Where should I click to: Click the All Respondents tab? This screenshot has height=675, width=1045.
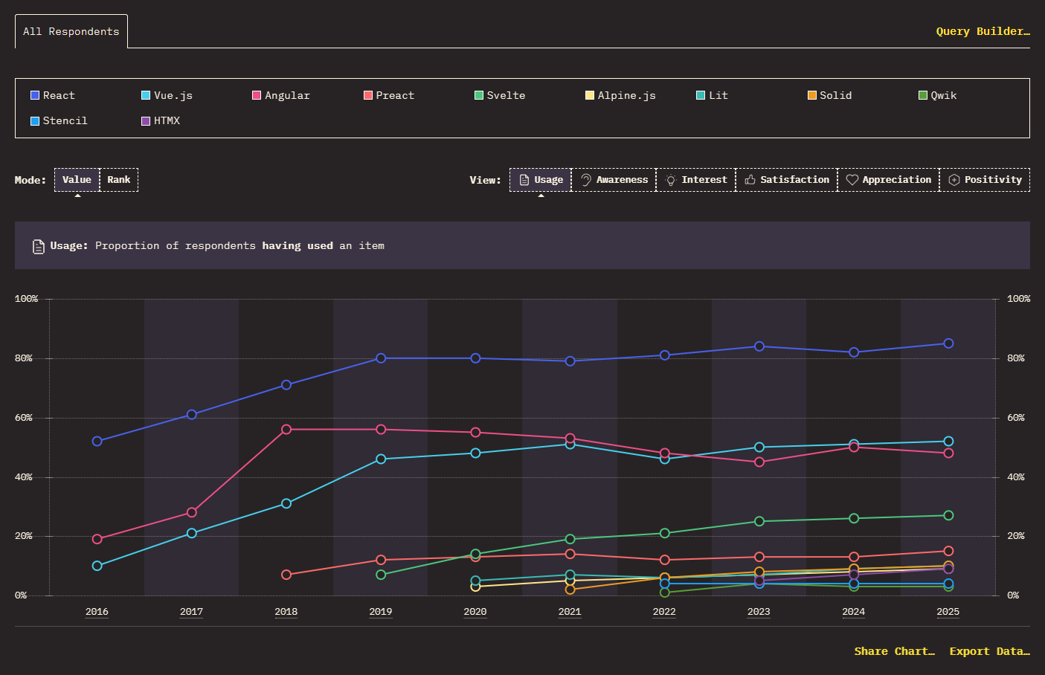point(71,31)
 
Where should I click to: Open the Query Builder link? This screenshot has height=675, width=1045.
point(983,31)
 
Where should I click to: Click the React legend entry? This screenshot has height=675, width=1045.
point(53,96)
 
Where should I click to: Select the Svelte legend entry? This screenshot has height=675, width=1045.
point(500,96)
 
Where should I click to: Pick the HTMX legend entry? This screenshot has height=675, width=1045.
point(161,120)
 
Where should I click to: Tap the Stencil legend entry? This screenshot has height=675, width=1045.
point(59,120)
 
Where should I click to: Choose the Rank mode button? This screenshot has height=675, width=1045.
point(119,180)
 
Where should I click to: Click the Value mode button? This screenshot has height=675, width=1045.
point(77,180)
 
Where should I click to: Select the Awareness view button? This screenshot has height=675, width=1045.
point(614,180)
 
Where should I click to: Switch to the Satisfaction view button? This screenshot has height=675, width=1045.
point(787,180)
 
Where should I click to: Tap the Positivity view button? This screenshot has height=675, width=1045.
point(985,180)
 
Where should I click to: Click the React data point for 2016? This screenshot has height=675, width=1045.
point(97,441)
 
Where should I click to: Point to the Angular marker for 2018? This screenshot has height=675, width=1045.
point(286,430)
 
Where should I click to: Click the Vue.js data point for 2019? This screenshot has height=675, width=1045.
point(381,459)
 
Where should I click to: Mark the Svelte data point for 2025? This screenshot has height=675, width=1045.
point(948,515)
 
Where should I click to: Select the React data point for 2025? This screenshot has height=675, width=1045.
point(948,343)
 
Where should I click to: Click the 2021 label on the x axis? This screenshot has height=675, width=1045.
point(570,612)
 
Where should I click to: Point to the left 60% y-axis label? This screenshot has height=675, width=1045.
point(23,418)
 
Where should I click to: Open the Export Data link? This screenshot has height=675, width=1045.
point(989,651)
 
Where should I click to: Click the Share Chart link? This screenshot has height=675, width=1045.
point(894,651)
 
